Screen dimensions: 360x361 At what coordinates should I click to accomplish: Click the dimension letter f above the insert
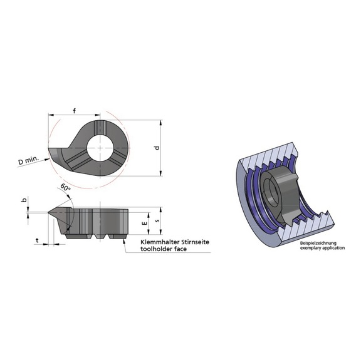[74, 111]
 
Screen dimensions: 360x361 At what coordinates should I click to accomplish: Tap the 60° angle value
[65, 187]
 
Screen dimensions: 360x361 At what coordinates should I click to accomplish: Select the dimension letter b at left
[24, 200]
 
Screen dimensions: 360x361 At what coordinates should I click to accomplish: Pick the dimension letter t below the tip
[38, 239]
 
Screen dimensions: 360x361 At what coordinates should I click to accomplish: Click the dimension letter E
[145, 222]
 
